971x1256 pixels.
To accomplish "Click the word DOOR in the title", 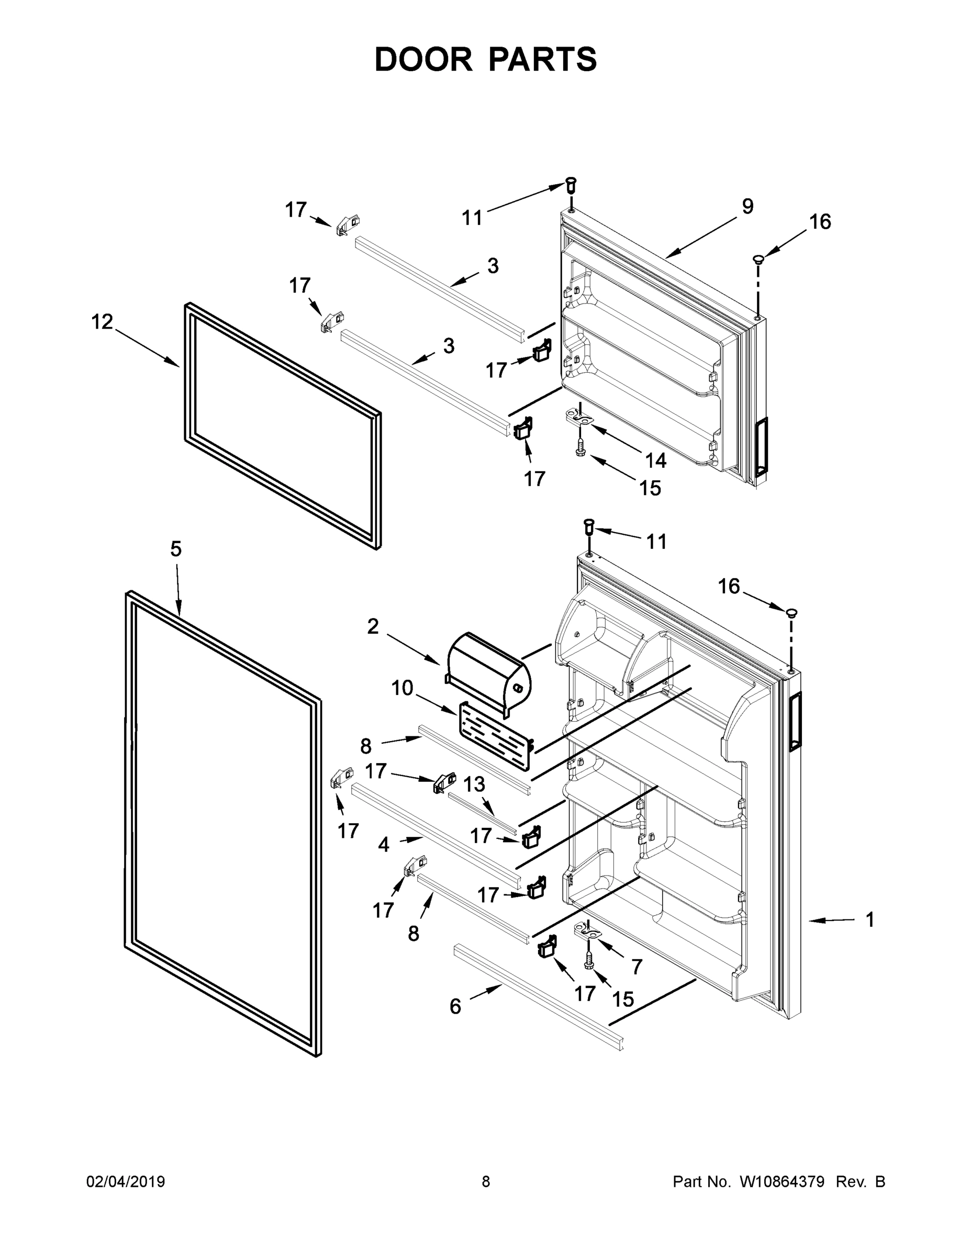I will point(423,59).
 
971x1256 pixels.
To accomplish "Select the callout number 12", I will point(103,321).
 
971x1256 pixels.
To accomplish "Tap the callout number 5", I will point(176,549).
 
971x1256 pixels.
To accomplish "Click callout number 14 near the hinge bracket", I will point(655,460).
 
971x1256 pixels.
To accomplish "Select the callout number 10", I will point(402,688).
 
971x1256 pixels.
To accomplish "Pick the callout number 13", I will point(474,784).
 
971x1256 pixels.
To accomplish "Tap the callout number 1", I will point(870,919).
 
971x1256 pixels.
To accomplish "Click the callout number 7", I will point(636,967).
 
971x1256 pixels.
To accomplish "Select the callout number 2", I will point(373,626).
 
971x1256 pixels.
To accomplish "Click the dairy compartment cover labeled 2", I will point(488,667).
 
